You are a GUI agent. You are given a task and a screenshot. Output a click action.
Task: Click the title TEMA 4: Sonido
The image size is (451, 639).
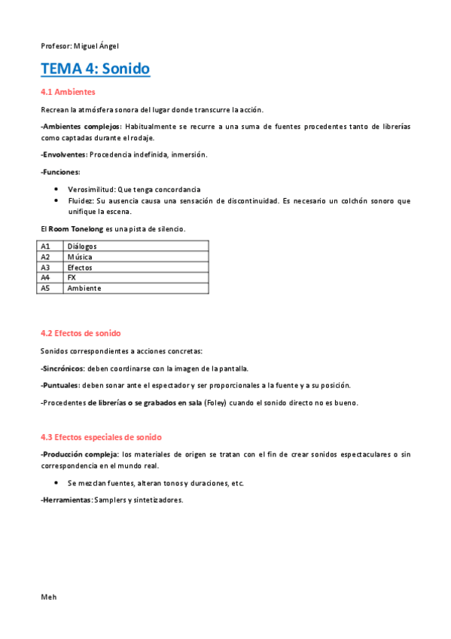coord(95,69)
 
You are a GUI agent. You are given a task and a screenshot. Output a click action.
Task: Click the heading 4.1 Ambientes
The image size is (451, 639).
coord(68,92)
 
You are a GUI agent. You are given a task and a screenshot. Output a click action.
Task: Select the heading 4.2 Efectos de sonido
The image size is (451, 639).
coord(81,333)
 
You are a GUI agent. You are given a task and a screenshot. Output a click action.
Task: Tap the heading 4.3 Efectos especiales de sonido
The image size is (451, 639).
coord(101,437)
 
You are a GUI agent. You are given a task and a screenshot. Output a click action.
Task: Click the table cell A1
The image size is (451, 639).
coord(46,246)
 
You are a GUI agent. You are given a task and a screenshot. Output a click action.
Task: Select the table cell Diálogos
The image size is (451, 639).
coord(82,246)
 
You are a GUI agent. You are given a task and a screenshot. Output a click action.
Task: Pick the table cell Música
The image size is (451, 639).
coord(80,256)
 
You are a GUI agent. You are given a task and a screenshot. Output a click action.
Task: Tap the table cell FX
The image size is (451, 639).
coord(72,277)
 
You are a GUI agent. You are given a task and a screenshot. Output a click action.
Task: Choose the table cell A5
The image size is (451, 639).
coord(46,288)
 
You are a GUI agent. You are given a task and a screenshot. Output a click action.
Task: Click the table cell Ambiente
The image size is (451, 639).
coord(84,288)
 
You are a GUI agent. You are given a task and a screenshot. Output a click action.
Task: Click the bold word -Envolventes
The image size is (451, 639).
coord(64,154)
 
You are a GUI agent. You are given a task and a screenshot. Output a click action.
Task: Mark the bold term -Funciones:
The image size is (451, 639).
coord(60,172)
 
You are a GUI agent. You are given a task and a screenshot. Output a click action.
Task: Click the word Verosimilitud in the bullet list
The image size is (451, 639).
coord(91,189)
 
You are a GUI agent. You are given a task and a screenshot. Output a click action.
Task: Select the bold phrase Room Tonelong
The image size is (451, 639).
coord(75,228)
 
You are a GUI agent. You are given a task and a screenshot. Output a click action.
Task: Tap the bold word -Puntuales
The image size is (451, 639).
coord(59,385)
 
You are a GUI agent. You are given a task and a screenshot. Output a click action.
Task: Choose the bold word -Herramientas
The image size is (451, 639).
coord(66,500)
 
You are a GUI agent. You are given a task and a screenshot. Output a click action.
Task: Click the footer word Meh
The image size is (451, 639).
coord(49,596)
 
